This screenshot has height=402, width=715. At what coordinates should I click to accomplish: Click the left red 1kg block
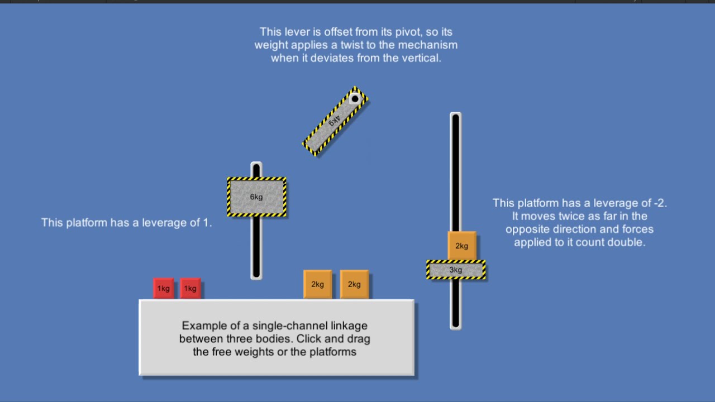[x=163, y=288]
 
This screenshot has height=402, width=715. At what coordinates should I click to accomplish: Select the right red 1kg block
[x=190, y=288]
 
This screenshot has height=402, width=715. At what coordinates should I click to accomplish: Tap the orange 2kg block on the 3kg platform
[x=461, y=246]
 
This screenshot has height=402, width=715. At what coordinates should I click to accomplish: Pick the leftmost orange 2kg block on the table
[x=317, y=284]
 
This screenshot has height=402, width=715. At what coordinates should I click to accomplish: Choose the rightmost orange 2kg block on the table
[x=354, y=284]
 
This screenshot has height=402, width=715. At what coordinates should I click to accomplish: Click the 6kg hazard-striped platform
[x=256, y=197]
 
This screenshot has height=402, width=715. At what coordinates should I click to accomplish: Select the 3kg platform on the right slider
[x=456, y=270]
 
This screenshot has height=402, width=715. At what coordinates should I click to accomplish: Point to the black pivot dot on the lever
[x=355, y=99]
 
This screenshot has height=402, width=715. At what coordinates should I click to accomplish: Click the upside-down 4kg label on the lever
[x=333, y=121]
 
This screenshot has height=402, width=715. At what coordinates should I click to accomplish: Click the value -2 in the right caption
[x=659, y=203]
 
